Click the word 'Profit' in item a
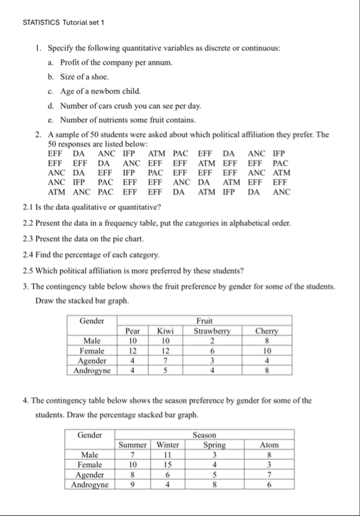coord(70,62)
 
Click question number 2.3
coord(29,238)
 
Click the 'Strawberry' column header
coord(212,330)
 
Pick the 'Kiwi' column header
coord(165,330)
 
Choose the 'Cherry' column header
coord(267,330)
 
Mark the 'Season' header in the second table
coord(209,435)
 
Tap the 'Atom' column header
coord(269,445)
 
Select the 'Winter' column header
coord(167,445)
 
